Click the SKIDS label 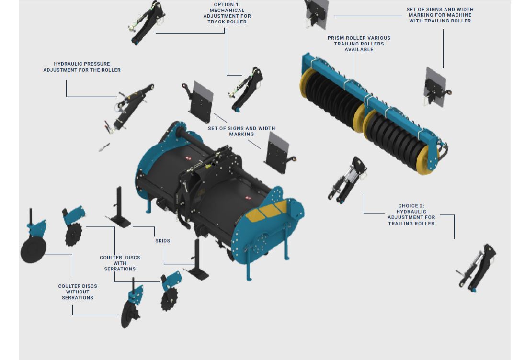(x=162, y=241)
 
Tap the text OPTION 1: (x=227, y=5)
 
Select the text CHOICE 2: (x=411, y=206)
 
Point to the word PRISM (x=335, y=38)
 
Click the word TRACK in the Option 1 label (x=216, y=22)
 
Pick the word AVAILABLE (x=359, y=49)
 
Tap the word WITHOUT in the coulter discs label (x=78, y=292)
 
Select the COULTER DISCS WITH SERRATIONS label (x=120, y=263)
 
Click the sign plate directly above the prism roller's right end (x=436, y=88)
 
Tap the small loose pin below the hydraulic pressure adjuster (x=104, y=147)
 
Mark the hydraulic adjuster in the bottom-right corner (x=476, y=268)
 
